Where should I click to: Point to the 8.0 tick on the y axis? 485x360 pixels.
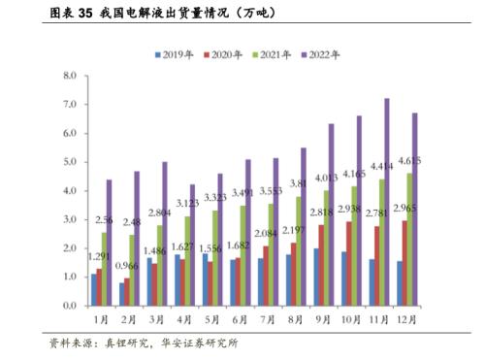(68, 76)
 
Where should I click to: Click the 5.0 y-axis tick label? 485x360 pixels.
(68, 162)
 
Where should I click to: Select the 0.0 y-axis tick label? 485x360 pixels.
(68, 306)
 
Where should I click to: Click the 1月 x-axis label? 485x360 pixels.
(100, 318)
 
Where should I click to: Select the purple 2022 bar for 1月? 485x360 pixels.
(110, 243)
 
